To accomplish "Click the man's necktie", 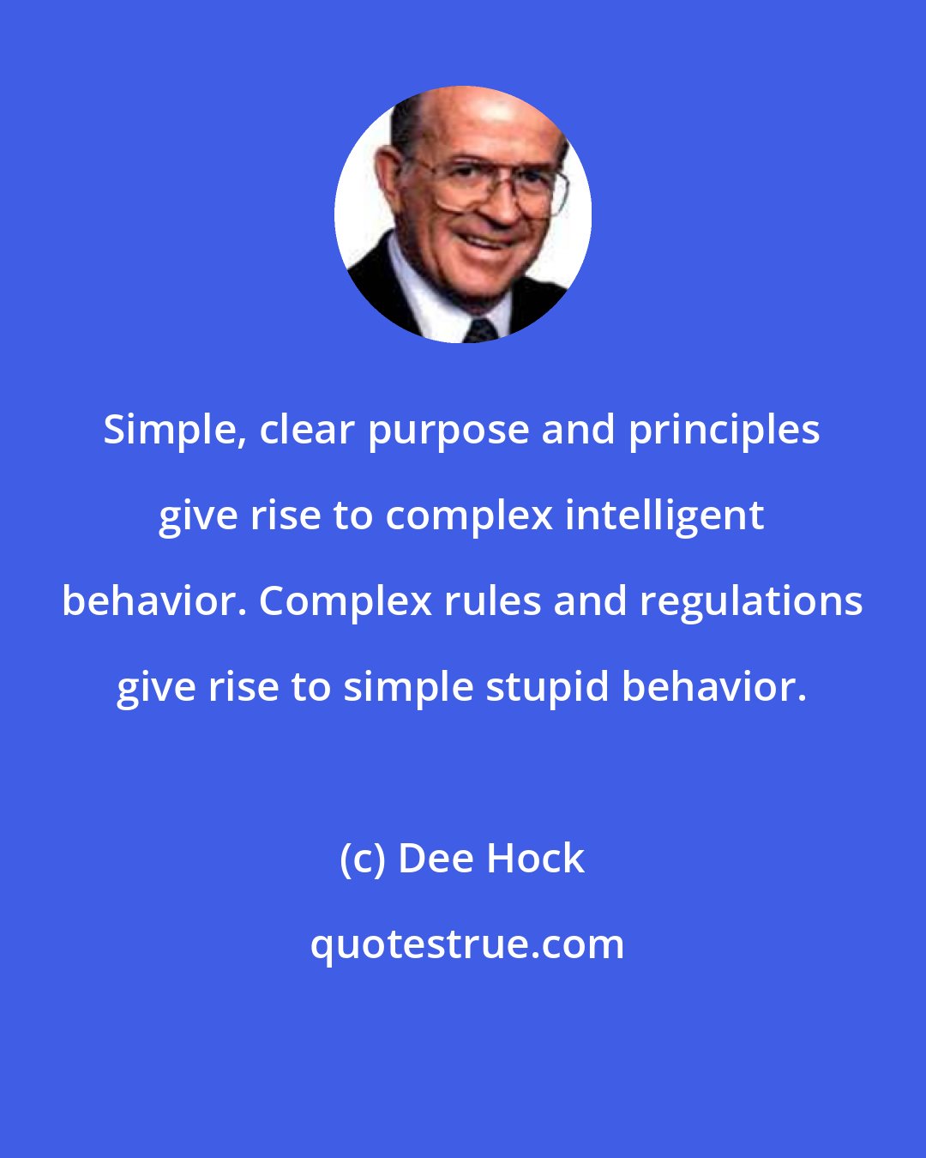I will (481, 329).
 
